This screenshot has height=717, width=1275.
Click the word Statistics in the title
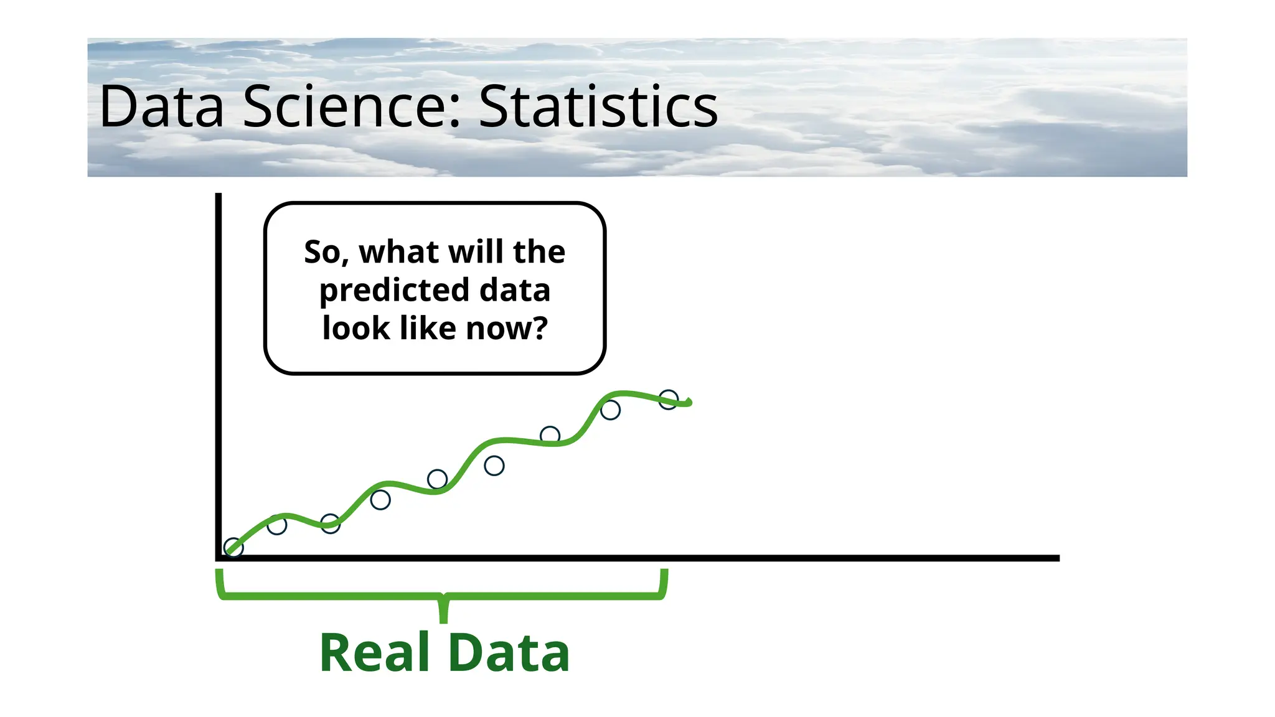click(x=598, y=107)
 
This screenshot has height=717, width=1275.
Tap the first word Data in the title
click(x=161, y=107)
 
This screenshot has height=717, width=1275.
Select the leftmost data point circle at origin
click(x=233, y=548)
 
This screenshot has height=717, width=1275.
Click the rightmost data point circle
click(x=668, y=399)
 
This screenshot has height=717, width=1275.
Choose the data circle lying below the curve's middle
click(x=494, y=466)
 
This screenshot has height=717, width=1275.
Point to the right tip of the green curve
click(x=690, y=403)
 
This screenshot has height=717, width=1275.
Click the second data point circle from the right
click(x=610, y=410)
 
